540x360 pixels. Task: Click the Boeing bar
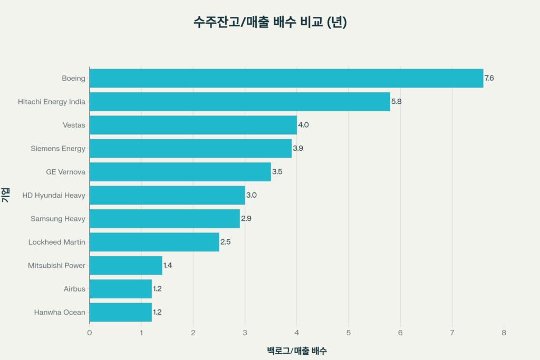click(286, 78)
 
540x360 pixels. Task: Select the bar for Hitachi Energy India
click(240, 102)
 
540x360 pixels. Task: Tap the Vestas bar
click(193, 125)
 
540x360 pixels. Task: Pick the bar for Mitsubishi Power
click(126, 266)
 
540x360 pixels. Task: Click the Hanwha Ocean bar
click(121, 312)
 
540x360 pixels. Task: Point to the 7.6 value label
click(489, 78)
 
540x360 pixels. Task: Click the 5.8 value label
click(396, 102)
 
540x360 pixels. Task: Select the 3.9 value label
click(297, 149)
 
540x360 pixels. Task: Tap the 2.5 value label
click(225, 242)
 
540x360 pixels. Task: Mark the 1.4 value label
click(168, 266)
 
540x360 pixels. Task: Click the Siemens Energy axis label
click(58, 149)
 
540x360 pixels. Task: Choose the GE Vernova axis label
click(65, 172)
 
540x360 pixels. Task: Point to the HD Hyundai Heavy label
click(54, 196)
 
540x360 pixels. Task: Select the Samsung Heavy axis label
click(58, 219)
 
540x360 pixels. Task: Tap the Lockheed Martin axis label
click(57, 242)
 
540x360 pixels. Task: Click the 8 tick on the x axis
click(504, 333)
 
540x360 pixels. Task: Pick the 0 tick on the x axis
click(90, 333)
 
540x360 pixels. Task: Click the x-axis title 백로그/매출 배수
click(296, 351)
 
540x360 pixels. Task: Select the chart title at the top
click(269, 23)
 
